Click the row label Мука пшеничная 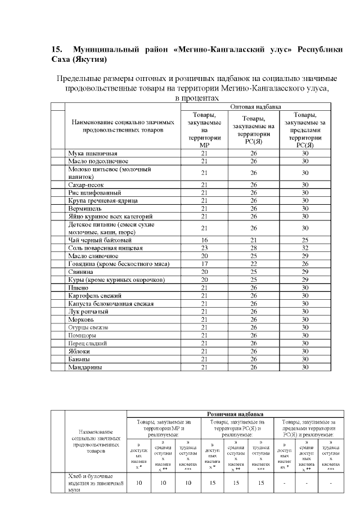click(x=92, y=153)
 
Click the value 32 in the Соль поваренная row click(x=305, y=247)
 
